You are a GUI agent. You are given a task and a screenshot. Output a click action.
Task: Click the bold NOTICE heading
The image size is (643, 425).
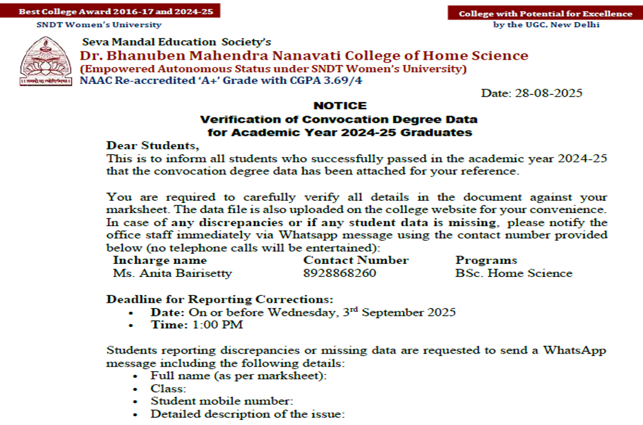point(340,106)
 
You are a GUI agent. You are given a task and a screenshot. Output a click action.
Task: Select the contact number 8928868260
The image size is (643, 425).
point(340,273)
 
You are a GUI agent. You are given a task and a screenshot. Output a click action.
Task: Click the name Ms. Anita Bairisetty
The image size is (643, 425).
point(172,273)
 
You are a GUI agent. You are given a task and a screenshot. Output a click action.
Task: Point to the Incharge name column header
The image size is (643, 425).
point(160,260)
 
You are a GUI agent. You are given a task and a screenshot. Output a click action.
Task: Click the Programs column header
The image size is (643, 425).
point(486,260)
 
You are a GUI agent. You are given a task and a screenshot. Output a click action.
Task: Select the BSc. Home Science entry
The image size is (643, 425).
point(514,273)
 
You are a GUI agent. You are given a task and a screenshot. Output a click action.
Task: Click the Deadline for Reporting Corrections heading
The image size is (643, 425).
point(220,299)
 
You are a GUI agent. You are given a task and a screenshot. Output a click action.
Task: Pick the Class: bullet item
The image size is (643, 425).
point(168,388)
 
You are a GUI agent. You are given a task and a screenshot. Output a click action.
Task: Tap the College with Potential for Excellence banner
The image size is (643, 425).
point(545,14)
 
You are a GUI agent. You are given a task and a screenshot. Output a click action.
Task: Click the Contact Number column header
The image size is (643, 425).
point(356,260)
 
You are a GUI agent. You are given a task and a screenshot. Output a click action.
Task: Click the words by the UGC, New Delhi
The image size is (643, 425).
point(546,25)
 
